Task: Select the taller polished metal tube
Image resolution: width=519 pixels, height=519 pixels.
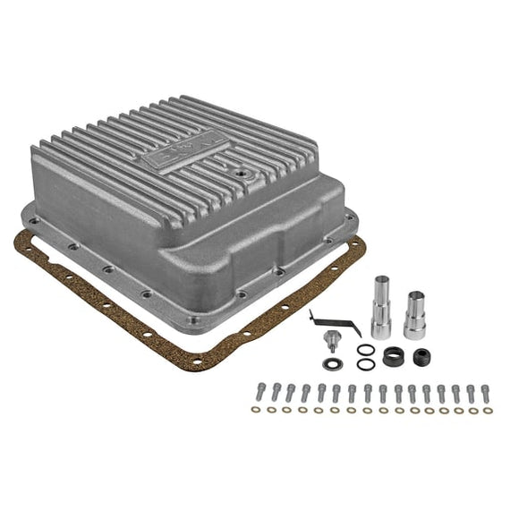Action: pyautogui.click(x=379, y=307)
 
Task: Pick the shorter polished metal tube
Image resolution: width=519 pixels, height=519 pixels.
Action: pyautogui.click(x=415, y=314)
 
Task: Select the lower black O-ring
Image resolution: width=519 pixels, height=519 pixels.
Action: pyautogui.click(x=364, y=364)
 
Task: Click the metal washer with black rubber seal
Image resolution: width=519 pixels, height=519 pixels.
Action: pyautogui.click(x=332, y=363)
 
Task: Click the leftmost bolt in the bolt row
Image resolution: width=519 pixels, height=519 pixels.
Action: pyautogui.click(x=261, y=392)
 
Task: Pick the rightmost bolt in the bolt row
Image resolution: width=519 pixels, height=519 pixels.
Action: pyautogui.click(x=485, y=392)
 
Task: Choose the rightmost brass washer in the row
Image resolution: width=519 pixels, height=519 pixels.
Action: pyautogui.click(x=487, y=410)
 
